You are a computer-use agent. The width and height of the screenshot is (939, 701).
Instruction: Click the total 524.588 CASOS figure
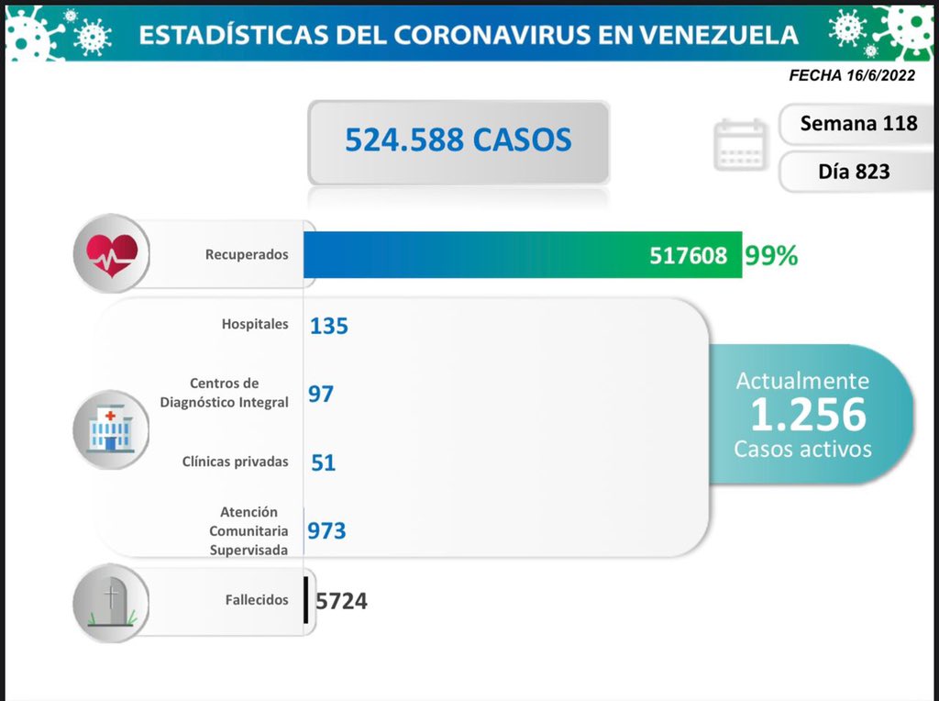click(x=458, y=139)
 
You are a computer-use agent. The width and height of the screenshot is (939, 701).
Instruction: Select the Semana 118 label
click(x=858, y=123)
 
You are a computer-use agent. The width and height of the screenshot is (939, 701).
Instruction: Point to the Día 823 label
click(x=854, y=171)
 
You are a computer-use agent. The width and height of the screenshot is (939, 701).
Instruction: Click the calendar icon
click(x=740, y=144)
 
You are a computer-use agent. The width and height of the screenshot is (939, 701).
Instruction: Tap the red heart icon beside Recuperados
click(x=111, y=253)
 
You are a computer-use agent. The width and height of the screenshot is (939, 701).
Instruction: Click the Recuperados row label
click(x=247, y=254)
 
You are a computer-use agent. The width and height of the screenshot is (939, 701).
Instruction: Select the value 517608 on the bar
click(x=688, y=255)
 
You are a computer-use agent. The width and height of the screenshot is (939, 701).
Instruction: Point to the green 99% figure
click(x=771, y=256)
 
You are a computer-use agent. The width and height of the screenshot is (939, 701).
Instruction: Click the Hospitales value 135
click(x=329, y=325)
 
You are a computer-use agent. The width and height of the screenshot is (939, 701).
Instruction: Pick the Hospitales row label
click(x=254, y=324)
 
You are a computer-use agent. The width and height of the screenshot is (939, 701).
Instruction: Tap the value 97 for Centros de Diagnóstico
click(x=321, y=394)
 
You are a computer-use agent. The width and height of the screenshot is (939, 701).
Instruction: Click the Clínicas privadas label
click(x=235, y=462)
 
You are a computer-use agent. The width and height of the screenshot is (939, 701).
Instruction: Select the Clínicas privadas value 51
click(x=323, y=462)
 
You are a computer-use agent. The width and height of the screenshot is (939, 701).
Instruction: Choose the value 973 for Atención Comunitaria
click(x=327, y=530)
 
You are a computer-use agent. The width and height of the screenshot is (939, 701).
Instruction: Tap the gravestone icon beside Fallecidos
click(x=111, y=602)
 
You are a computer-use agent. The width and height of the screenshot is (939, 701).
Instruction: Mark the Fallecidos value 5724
click(x=341, y=601)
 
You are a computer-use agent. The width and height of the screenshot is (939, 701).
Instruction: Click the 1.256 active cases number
click(x=808, y=416)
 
